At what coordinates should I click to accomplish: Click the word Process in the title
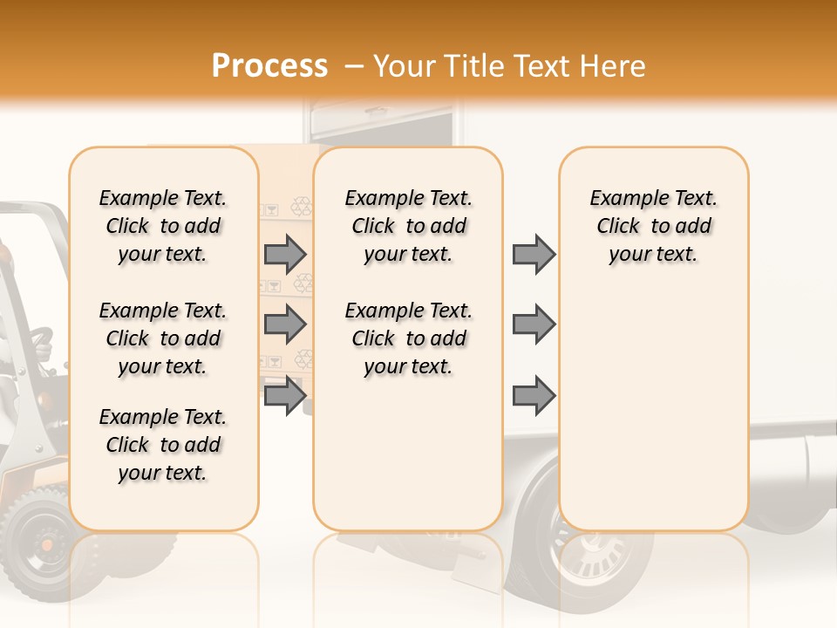[269, 65]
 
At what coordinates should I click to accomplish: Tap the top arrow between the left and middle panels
[284, 254]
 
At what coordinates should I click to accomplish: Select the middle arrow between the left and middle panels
[284, 324]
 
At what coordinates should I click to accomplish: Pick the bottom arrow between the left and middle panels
[284, 397]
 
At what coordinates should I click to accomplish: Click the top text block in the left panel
[163, 226]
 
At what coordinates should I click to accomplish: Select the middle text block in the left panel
[163, 338]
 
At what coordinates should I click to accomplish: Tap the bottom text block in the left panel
[163, 445]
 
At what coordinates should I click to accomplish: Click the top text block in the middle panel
[408, 226]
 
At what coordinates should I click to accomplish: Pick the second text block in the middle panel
[408, 338]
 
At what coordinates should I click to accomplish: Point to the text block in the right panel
[653, 226]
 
